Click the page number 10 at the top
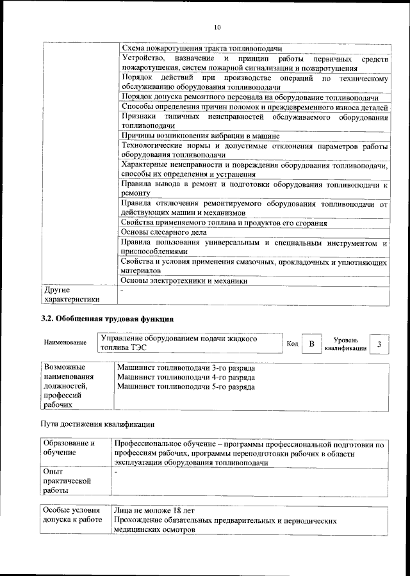click(217, 27)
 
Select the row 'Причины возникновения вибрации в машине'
click(200, 136)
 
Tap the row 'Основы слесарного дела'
click(163, 232)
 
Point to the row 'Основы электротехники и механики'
click(184, 280)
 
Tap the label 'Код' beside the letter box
click(292, 344)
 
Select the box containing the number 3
click(379, 344)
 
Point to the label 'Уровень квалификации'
click(345, 344)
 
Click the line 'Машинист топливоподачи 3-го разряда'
click(186, 369)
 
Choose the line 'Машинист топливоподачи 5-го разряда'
click(186, 388)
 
